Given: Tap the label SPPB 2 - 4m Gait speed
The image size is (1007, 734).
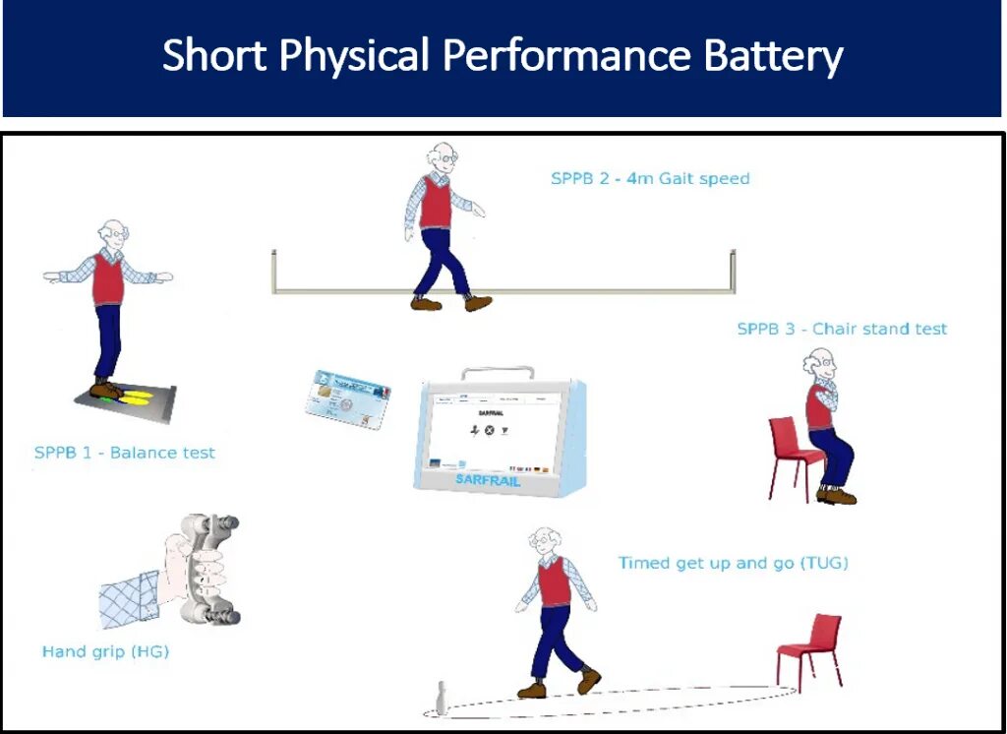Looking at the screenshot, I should tap(650, 179).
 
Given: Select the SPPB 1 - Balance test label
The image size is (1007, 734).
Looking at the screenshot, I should tap(125, 454).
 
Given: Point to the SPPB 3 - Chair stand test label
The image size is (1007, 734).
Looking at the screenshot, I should tap(842, 329).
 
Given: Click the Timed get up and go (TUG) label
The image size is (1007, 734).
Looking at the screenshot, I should tap(733, 564).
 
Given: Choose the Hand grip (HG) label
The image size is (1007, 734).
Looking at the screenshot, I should tap(105, 651).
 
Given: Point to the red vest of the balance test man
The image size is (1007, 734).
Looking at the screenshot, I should tap(108, 279).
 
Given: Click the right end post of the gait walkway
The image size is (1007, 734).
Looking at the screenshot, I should tap(733, 271).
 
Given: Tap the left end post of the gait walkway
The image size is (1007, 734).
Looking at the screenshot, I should tap(273, 271).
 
